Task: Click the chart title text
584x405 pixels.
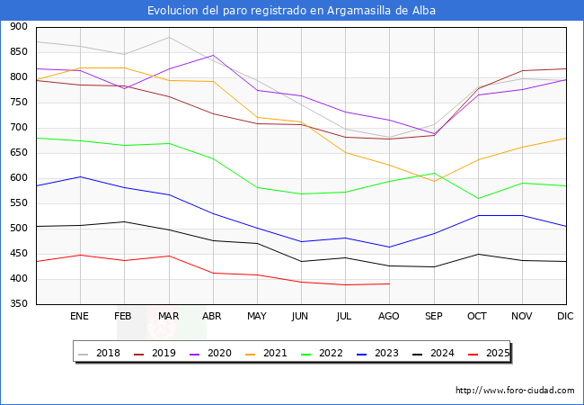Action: point(292,10)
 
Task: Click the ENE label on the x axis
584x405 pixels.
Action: point(79,317)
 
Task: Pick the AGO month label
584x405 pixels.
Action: point(389,317)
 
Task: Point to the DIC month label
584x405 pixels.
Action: point(565,317)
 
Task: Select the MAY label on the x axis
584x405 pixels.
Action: point(256,317)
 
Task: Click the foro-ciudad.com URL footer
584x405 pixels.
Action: point(515,391)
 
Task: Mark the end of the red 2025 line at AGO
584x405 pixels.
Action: point(389,284)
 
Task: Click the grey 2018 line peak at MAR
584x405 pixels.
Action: point(168,37)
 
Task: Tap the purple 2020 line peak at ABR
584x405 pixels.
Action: point(212,55)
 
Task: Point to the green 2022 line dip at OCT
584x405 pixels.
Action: point(478,199)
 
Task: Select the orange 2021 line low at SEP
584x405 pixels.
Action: point(434,182)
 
